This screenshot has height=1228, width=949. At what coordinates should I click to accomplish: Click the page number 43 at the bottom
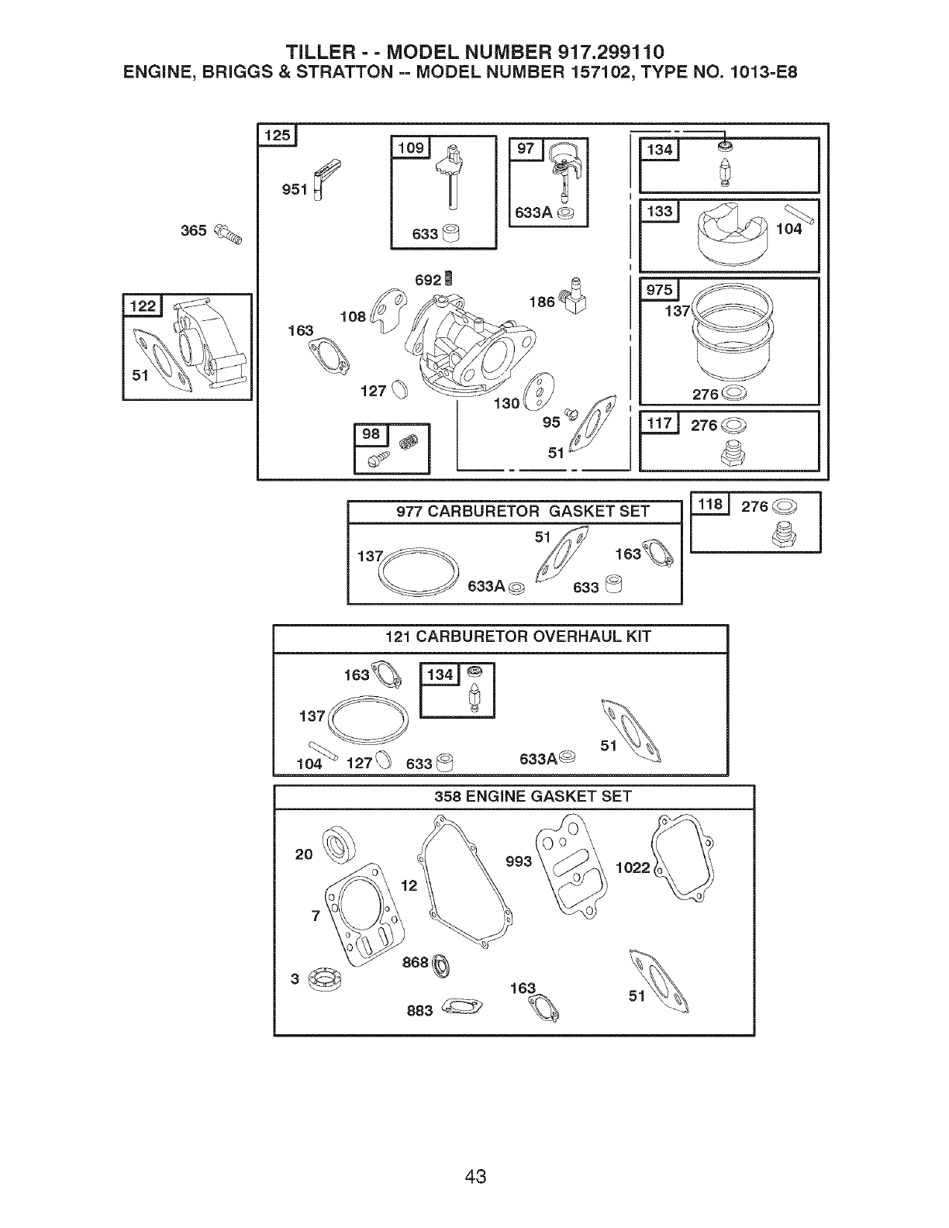pos(475,1155)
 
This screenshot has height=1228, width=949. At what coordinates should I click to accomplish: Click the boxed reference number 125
pos(277,136)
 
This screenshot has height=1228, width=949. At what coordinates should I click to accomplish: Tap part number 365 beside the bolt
pos(193,230)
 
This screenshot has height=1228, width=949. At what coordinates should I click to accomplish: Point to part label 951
pos(295,188)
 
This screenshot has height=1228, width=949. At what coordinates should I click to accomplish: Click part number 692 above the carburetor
pos(427,280)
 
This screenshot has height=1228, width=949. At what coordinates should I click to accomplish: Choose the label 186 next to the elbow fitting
pos(541,301)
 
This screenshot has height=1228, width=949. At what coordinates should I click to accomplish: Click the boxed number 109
pos(411,147)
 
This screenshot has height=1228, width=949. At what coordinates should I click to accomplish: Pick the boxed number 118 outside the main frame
pos(710,505)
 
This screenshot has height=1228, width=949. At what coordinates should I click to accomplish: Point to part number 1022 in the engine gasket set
pos(633,868)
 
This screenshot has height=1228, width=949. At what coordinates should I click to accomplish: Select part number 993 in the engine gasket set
pos(518,861)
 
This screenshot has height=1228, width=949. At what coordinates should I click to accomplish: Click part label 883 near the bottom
pos(419,1011)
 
